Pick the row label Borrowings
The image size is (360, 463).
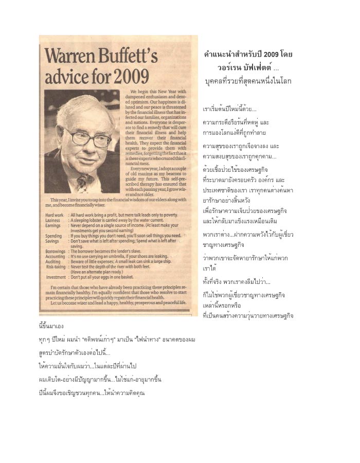[x=56, y=251]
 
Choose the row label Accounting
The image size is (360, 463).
[x=56, y=256]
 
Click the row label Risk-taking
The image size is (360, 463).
[x=56, y=267]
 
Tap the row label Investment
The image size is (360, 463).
[x=56, y=277]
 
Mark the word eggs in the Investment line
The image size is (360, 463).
[x=106, y=277]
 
